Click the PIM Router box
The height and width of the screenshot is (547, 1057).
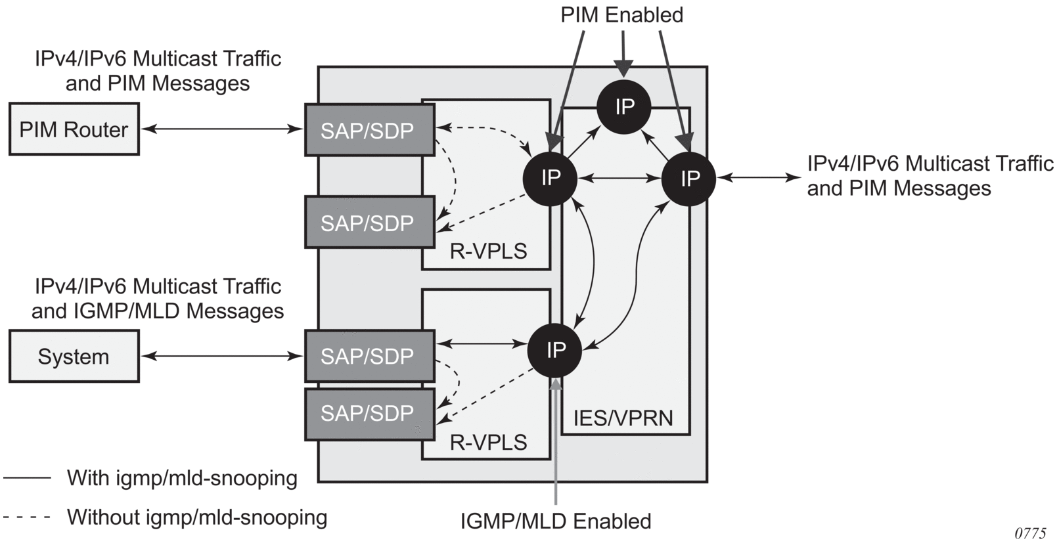(x=74, y=129)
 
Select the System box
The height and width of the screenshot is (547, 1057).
(x=74, y=357)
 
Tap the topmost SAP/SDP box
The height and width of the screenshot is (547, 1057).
(x=369, y=130)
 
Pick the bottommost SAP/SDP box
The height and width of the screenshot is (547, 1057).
(x=369, y=414)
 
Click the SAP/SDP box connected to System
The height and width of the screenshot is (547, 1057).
(x=369, y=357)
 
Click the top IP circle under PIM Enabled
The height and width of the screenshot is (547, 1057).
(x=624, y=106)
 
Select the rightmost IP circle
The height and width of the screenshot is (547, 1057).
(x=689, y=178)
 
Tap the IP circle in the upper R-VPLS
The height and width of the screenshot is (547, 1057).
(x=551, y=178)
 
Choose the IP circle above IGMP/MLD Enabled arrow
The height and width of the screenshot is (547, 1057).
(x=555, y=350)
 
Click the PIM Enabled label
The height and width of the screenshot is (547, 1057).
(x=621, y=15)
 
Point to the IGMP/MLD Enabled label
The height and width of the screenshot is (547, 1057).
(x=555, y=521)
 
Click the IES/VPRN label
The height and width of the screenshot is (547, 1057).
(x=623, y=418)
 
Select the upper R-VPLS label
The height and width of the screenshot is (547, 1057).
(x=488, y=251)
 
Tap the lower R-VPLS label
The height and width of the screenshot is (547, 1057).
(x=488, y=442)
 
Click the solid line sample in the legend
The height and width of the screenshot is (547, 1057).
(x=27, y=478)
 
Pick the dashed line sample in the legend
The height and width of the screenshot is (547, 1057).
(x=27, y=517)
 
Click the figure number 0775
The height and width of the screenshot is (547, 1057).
(x=1030, y=533)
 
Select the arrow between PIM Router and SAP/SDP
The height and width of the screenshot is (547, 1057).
(x=221, y=129)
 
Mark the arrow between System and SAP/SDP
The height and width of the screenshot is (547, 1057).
(x=221, y=357)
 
